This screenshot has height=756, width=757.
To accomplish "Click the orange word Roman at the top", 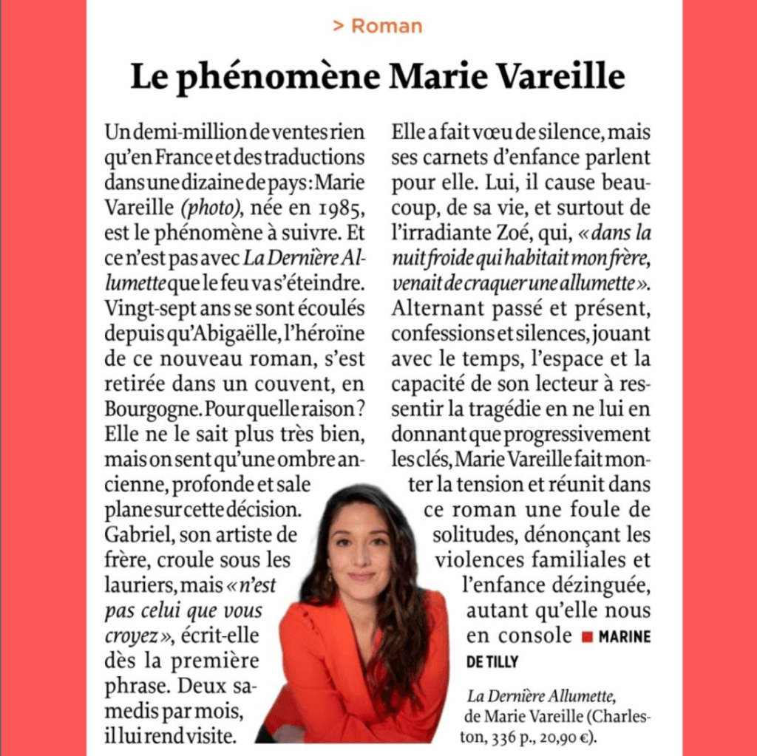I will [387, 27].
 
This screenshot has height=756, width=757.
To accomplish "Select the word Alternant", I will [439, 307].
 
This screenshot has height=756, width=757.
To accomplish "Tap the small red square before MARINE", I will [588, 636].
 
